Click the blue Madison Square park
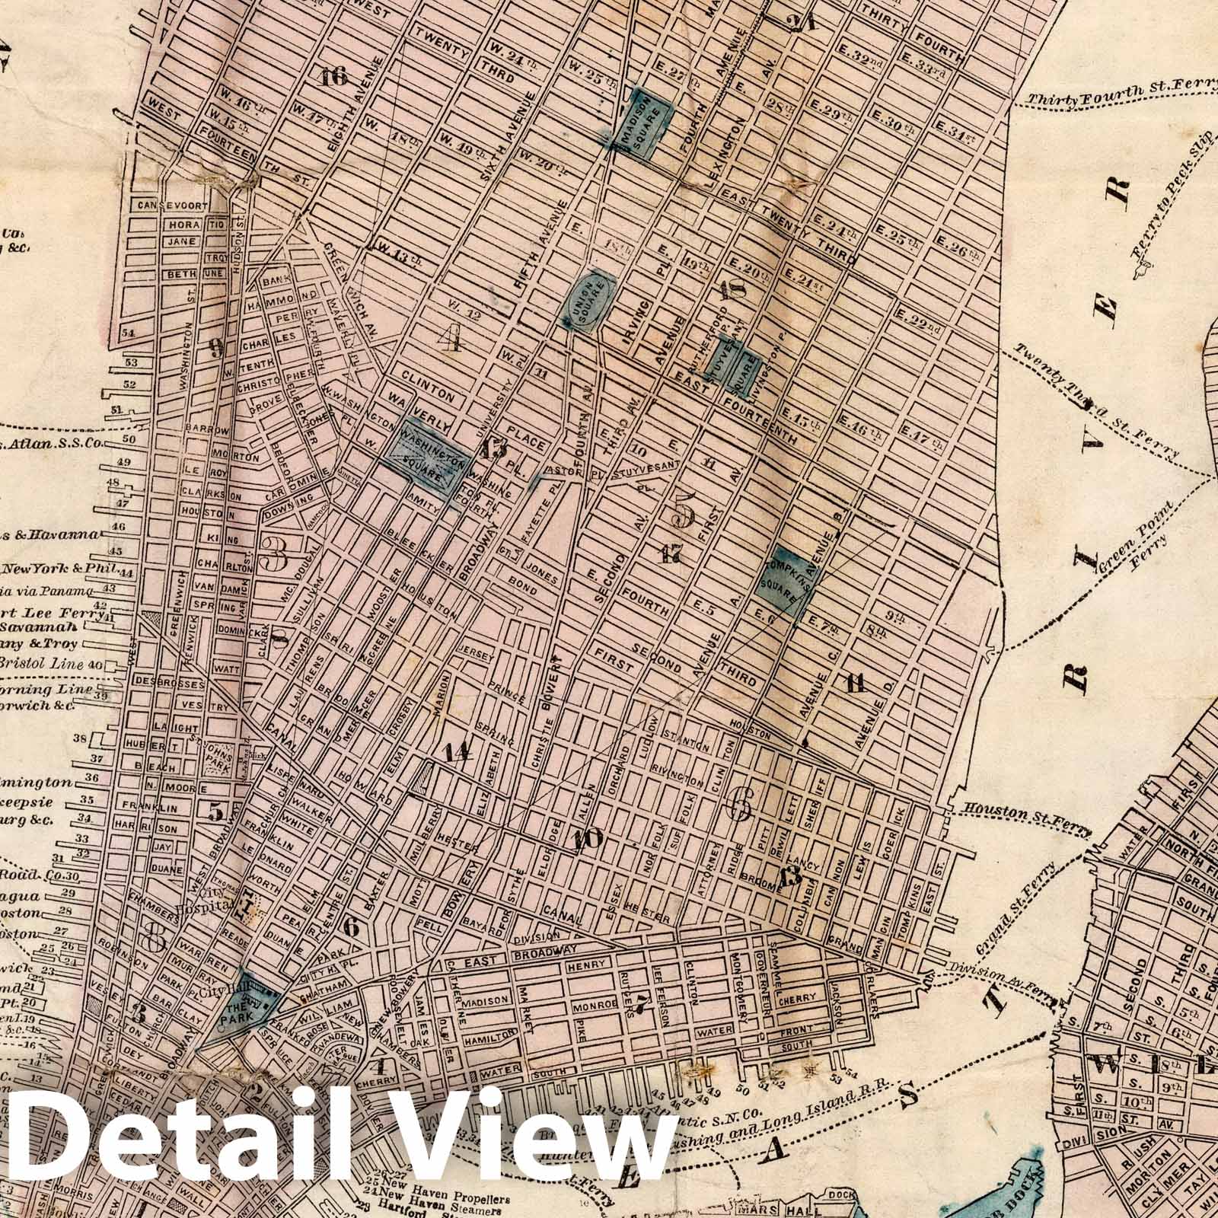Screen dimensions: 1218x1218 [x=645, y=124]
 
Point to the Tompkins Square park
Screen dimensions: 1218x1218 [x=791, y=579]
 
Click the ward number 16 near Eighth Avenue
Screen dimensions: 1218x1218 [x=333, y=76]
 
